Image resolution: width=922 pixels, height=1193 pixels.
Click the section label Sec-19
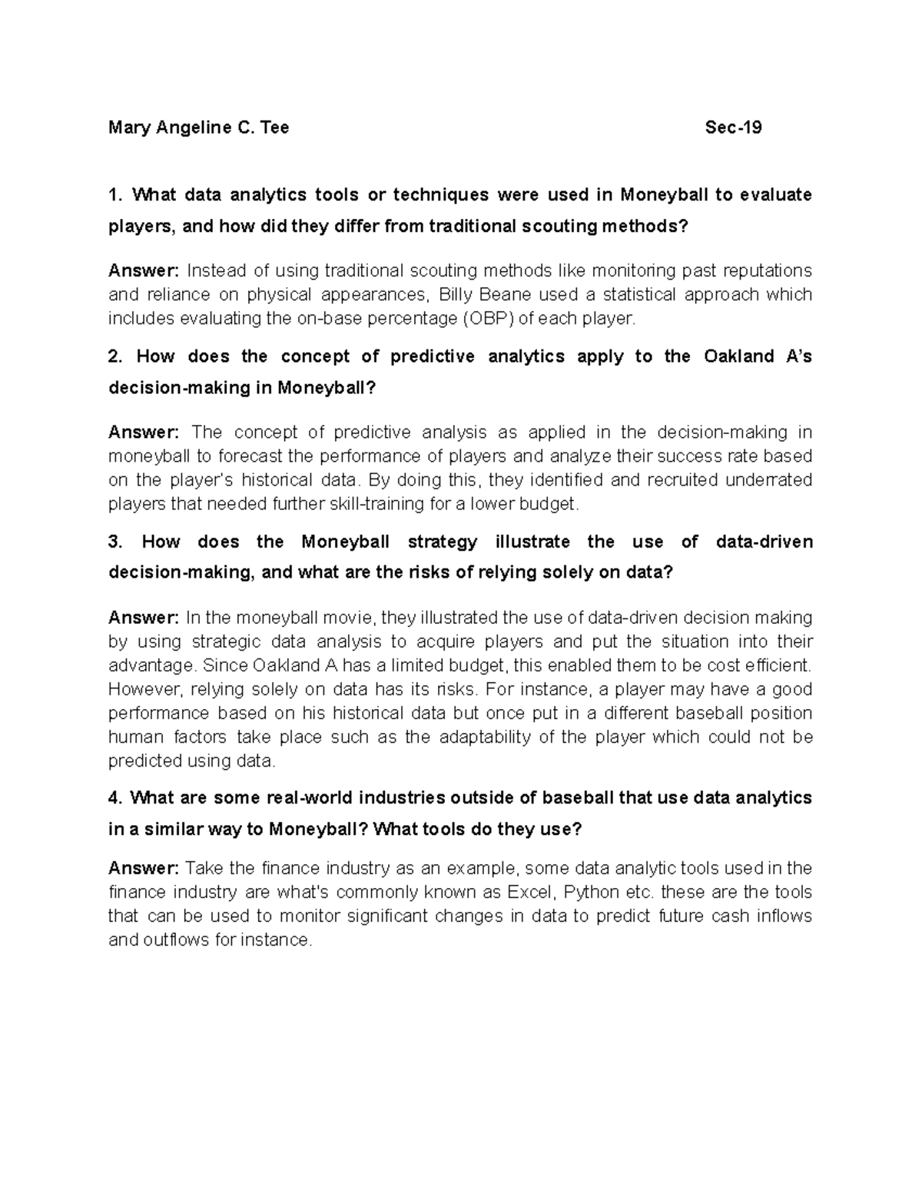pos(733,128)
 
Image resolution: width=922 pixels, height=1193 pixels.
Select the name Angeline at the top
pos(191,128)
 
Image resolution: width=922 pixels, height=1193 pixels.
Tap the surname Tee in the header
pos(274,128)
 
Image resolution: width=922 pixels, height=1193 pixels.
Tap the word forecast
pos(249,456)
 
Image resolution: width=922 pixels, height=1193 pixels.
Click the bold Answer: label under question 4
pos(144,868)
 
